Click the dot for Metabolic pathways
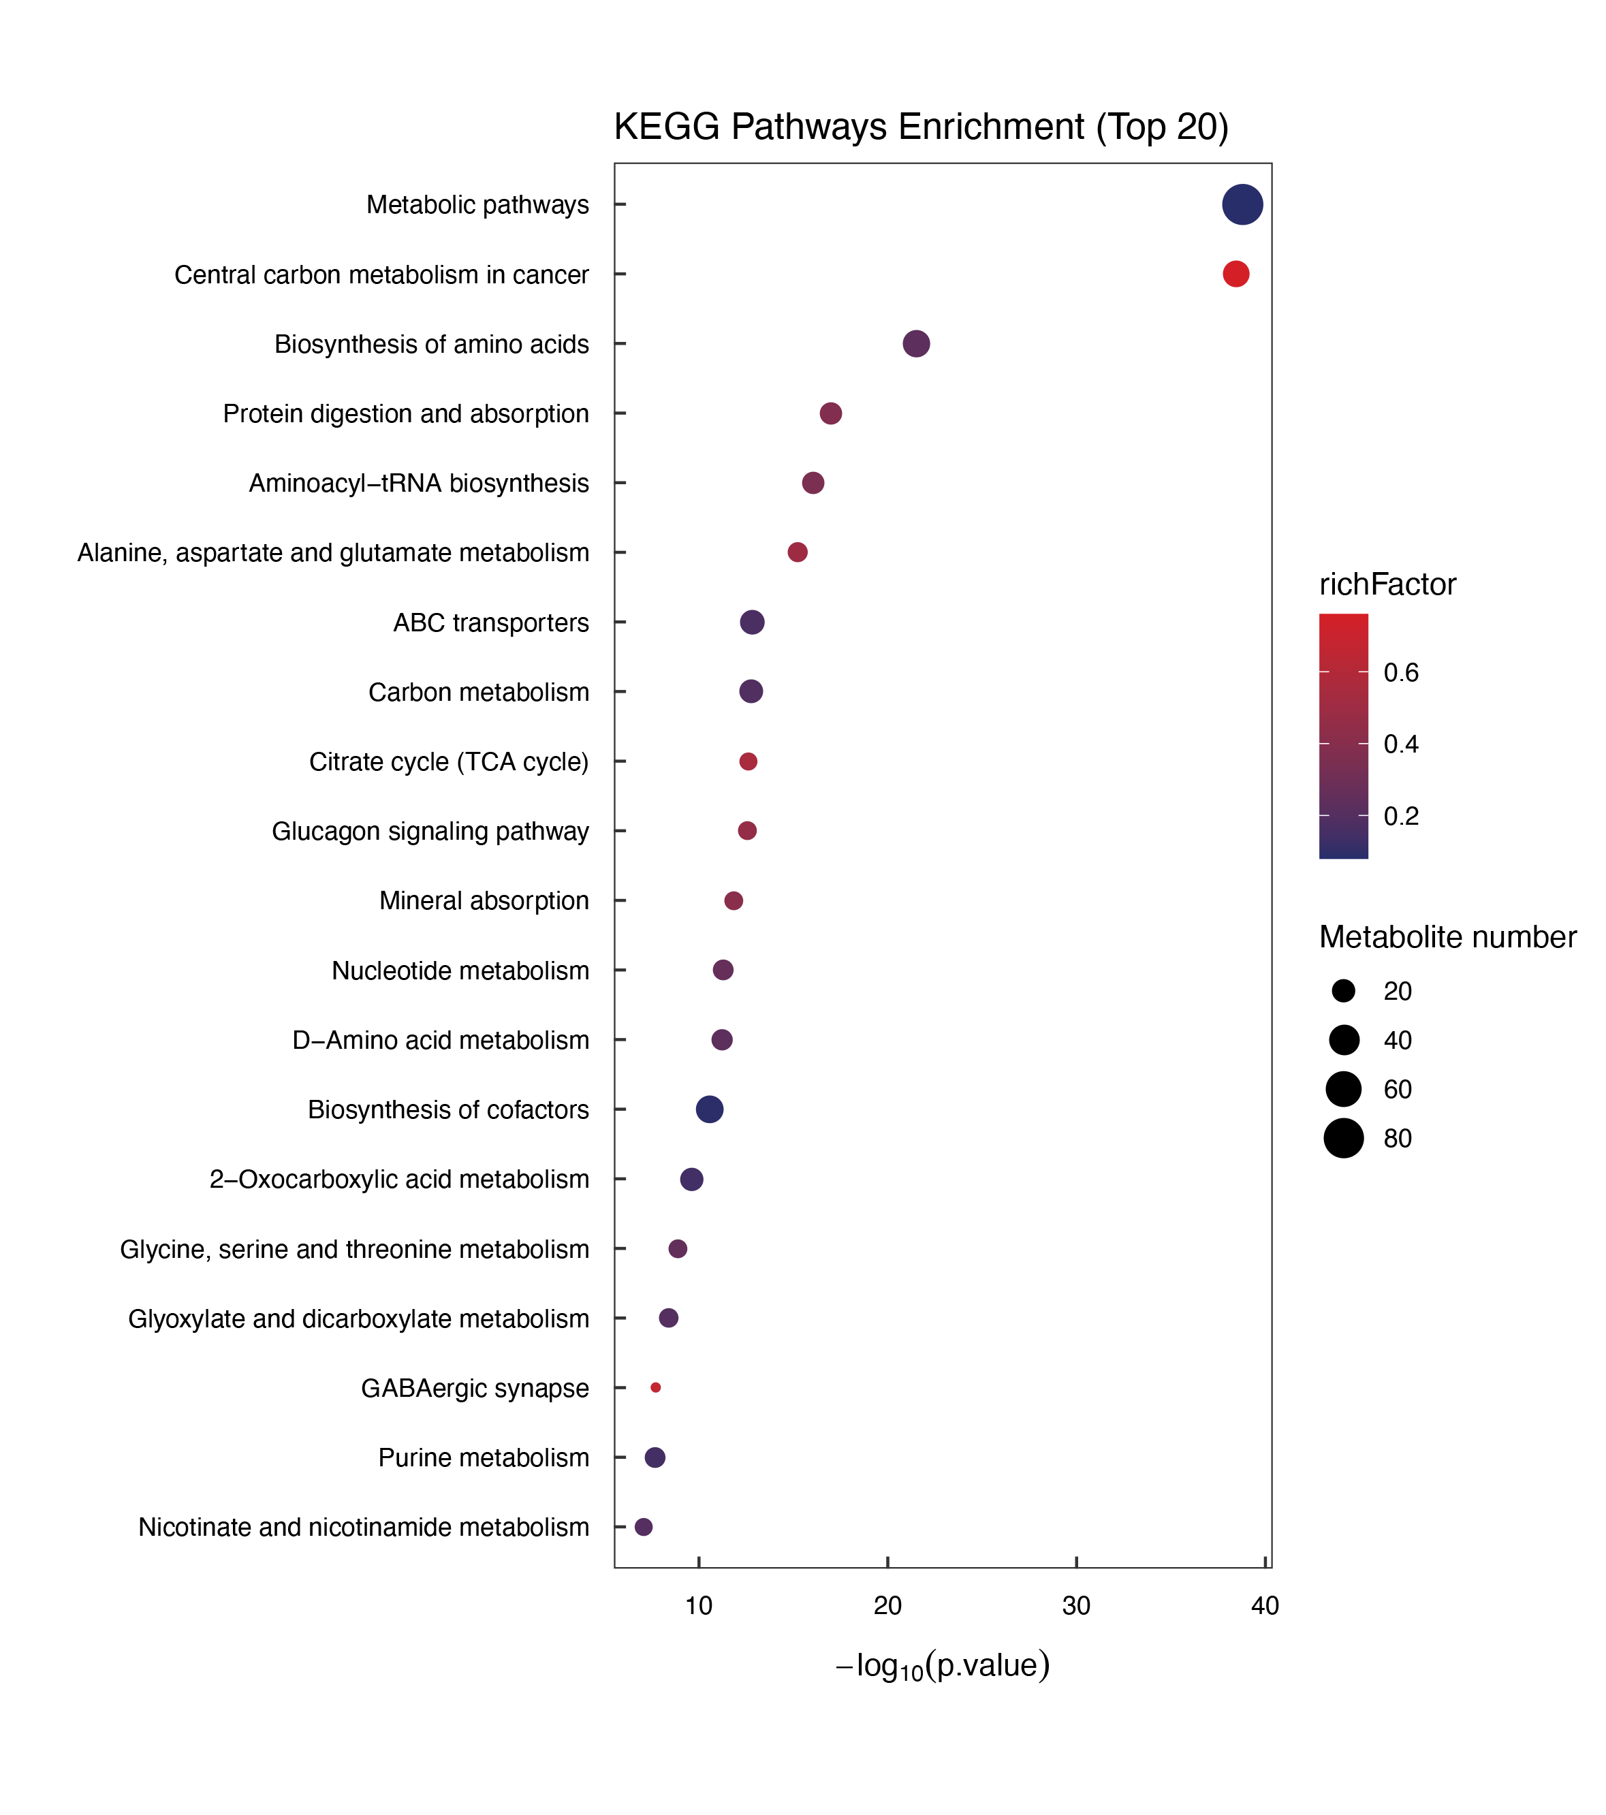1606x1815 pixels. click(x=1242, y=204)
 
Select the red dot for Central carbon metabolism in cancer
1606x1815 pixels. click(x=1235, y=274)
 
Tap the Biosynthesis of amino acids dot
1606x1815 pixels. click(x=916, y=344)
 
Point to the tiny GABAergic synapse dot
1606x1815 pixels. click(x=655, y=1387)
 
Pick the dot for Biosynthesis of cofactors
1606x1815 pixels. click(x=709, y=1109)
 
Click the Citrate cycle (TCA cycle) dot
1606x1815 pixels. click(x=749, y=761)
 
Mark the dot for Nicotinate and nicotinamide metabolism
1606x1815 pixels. click(x=644, y=1526)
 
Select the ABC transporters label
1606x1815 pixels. click(x=491, y=622)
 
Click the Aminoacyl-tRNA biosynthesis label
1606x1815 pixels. click(x=418, y=483)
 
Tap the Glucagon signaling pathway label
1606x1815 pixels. click(x=430, y=831)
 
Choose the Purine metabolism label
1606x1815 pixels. click(x=483, y=1457)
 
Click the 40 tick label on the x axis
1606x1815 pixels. click(x=1265, y=1605)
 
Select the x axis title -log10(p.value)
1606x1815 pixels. click(x=943, y=1666)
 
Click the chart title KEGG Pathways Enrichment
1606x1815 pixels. click(x=921, y=127)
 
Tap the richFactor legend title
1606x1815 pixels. click(x=1387, y=584)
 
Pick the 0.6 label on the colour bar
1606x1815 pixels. click(x=1401, y=672)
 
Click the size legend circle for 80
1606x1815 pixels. click(x=1343, y=1138)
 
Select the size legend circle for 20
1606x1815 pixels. click(x=1343, y=991)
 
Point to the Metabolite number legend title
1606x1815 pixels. click(x=1447, y=937)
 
